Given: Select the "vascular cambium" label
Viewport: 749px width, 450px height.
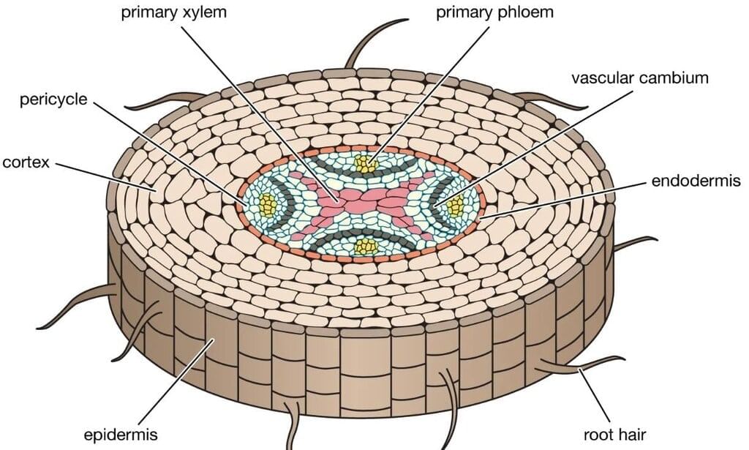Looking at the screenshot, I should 640,78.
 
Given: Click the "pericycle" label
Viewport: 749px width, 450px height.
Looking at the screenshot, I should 53,100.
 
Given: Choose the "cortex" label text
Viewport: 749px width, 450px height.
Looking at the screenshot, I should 26,162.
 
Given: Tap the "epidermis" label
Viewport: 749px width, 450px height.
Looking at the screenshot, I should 120,435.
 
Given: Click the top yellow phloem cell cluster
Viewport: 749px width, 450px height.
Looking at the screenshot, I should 364,164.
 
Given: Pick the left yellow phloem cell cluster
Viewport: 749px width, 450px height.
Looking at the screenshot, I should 268,206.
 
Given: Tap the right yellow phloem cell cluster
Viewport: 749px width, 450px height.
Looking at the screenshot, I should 457,206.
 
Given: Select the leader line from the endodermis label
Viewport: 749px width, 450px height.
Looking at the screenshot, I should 563,198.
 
